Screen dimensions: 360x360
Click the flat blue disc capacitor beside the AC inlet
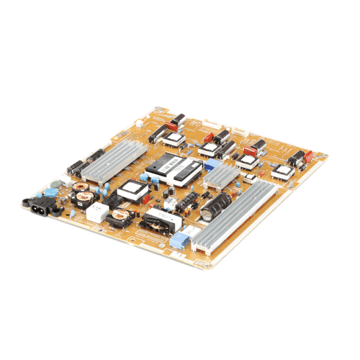point(53,192)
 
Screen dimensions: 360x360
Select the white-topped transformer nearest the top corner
point(174,137)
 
